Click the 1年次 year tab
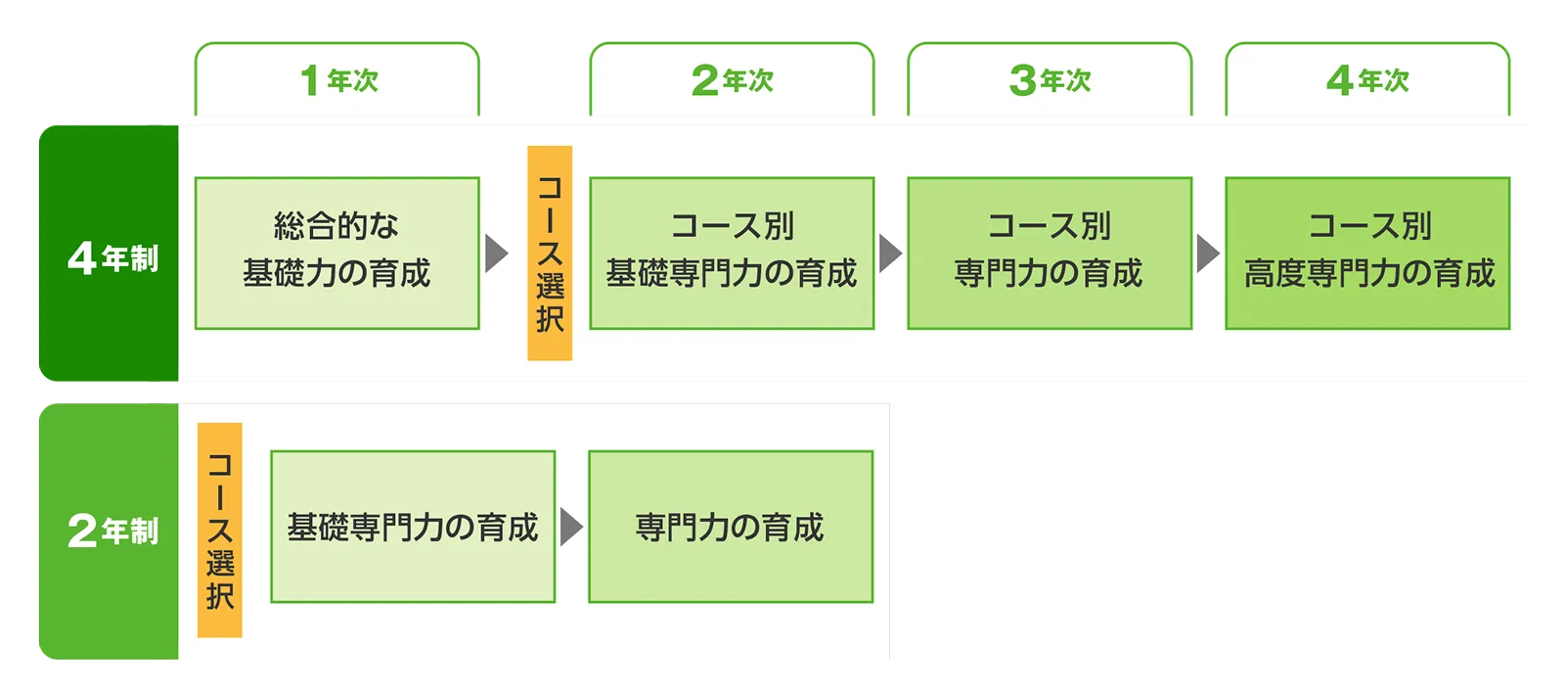(x=337, y=80)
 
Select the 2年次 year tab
(x=732, y=80)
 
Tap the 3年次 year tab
(x=1050, y=80)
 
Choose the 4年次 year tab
(x=1367, y=80)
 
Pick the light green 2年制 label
(x=110, y=531)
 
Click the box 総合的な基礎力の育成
(x=337, y=253)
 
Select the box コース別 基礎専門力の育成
(x=732, y=253)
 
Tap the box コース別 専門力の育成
(x=1050, y=253)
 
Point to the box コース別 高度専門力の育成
(x=1367, y=253)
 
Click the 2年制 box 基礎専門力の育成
(x=413, y=527)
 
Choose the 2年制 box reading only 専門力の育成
(x=731, y=527)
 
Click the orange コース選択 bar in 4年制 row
(x=550, y=253)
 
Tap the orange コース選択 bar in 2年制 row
(x=220, y=530)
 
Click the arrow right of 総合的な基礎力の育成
(x=496, y=253)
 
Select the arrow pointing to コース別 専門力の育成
(x=889, y=253)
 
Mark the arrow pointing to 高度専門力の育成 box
(x=1207, y=253)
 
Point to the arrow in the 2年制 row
(x=570, y=527)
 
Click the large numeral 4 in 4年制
(x=81, y=258)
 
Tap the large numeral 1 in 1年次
(x=310, y=80)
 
